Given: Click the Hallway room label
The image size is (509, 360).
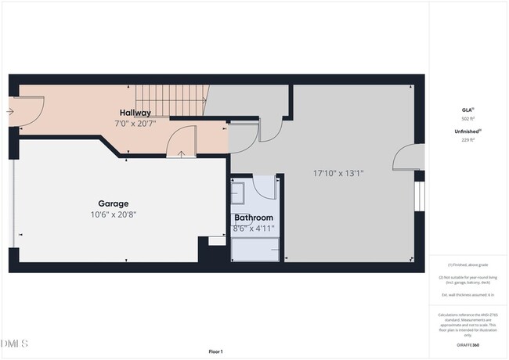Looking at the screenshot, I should click(135, 113).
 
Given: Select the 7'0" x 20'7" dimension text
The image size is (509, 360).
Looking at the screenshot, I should click(135, 124).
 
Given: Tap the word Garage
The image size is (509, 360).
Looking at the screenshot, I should click(114, 203).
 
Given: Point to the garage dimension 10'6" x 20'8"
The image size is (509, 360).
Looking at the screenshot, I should click(114, 214).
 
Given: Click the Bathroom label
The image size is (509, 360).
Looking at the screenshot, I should click(254, 218).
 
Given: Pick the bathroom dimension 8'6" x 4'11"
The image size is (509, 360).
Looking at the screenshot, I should click(254, 229).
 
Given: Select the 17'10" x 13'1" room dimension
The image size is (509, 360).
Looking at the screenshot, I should click(338, 172).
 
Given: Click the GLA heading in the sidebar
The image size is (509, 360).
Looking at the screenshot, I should click(467, 110).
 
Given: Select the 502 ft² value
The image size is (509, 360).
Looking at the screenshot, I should click(467, 119).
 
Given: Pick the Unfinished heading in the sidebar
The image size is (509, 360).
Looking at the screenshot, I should click(467, 131).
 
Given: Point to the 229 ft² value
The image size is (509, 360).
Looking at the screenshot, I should click(467, 140).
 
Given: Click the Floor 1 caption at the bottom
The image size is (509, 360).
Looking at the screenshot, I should click(215, 351).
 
